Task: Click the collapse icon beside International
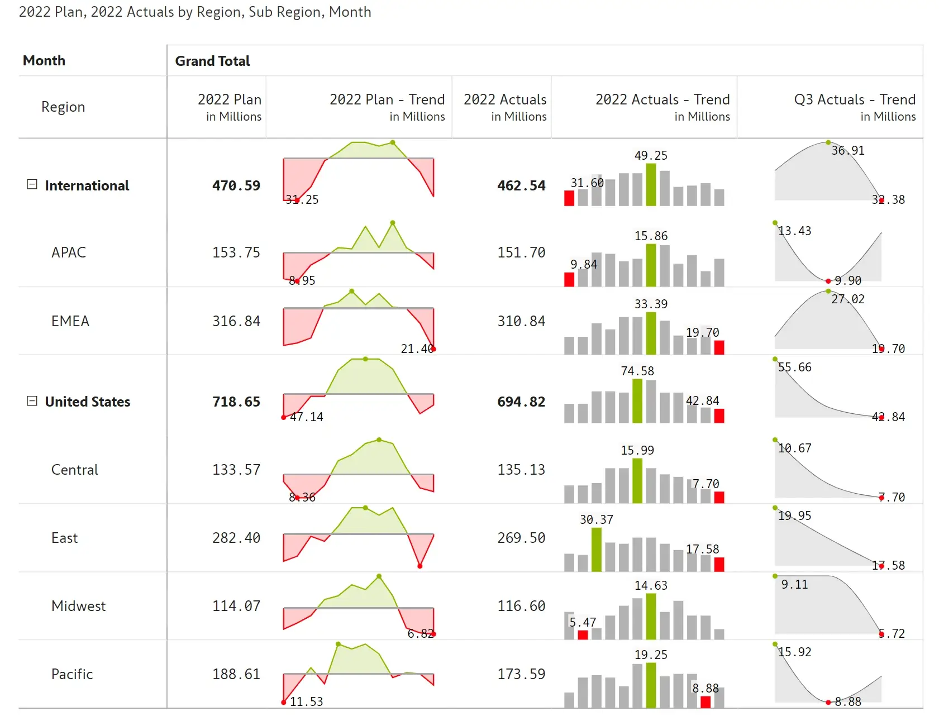(x=32, y=184)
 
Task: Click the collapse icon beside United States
(x=32, y=401)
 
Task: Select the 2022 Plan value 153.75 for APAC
(x=236, y=252)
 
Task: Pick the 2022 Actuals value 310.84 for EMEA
(x=521, y=321)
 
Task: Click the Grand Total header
(x=212, y=61)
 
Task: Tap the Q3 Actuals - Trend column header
(x=854, y=100)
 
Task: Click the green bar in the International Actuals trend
(x=651, y=185)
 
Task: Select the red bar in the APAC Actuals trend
(x=569, y=279)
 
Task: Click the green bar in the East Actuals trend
(x=597, y=550)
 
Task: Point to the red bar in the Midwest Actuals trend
(x=583, y=634)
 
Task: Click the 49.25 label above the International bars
(x=651, y=155)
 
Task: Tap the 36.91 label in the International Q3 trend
(x=848, y=150)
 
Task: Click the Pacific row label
(x=72, y=674)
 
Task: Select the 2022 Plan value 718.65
(x=236, y=402)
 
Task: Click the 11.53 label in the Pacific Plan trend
(x=306, y=701)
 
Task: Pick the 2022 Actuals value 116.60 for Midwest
(x=521, y=606)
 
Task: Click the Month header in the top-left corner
(x=44, y=60)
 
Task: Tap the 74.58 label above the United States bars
(x=637, y=371)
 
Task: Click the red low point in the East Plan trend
(x=420, y=566)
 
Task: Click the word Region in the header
(x=63, y=107)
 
